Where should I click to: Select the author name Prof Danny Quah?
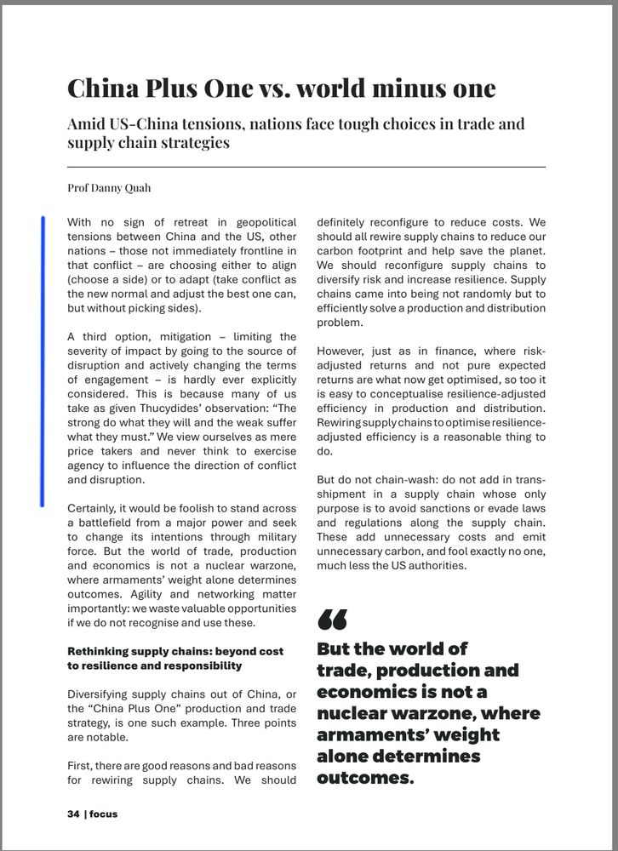click(x=109, y=188)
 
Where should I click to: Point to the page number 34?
click(x=73, y=814)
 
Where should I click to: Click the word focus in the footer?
click(x=103, y=814)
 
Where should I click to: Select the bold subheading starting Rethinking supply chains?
click(x=175, y=658)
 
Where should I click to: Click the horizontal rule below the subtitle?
click(x=306, y=167)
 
